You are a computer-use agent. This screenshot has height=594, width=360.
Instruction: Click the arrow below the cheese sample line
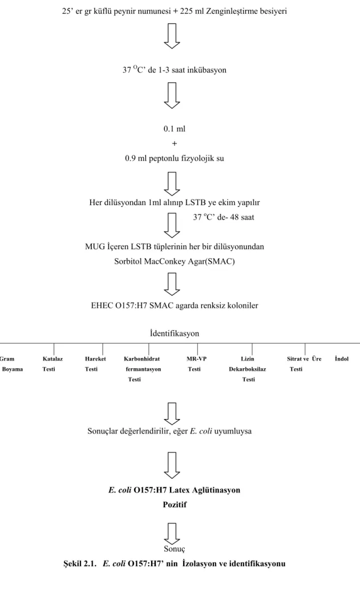(172, 36)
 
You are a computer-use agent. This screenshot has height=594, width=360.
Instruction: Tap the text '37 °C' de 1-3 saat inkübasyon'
(175, 70)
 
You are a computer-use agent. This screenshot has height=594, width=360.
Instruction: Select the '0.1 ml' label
(175, 129)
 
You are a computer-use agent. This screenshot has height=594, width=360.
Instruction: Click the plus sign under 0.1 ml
(175, 144)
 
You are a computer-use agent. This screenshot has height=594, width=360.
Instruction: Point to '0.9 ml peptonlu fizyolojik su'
(175, 158)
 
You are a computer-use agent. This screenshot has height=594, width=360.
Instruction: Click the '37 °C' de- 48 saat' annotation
(224, 217)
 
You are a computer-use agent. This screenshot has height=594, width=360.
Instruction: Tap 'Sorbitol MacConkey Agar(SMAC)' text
(175, 262)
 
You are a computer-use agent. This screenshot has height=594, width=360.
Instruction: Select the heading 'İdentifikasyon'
(175, 333)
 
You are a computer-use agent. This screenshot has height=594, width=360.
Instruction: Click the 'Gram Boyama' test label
(11, 364)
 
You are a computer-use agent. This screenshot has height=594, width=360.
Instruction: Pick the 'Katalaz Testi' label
(52, 364)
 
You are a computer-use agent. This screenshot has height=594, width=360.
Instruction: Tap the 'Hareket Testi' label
(95, 364)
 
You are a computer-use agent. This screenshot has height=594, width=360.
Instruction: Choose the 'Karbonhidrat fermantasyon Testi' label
(142, 369)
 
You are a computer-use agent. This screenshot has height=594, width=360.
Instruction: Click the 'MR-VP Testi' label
(196, 364)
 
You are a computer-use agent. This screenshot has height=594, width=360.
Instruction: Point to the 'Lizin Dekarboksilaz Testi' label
(248, 369)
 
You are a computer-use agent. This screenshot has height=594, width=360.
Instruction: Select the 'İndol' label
(341, 359)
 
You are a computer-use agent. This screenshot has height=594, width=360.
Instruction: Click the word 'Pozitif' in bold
(175, 505)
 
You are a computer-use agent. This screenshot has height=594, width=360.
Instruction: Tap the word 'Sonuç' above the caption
(175, 548)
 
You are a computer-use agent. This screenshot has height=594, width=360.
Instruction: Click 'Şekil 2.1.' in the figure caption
(79, 563)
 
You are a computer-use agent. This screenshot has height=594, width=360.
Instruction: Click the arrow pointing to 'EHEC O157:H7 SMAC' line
(172, 284)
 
